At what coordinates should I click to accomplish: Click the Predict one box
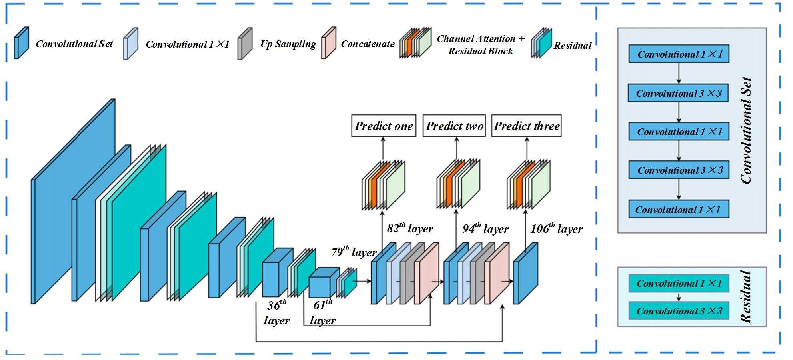[x=384, y=126]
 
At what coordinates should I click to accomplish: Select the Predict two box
[x=454, y=126]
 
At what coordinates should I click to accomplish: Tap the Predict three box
[x=526, y=126]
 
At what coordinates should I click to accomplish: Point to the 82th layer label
[x=410, y=228]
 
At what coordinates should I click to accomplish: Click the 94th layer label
[x=485, y=228]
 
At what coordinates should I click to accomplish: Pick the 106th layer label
[x=556, y=228]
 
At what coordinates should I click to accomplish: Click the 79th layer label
[x=354, y=252]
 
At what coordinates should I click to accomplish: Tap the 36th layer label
[x=277, y=312]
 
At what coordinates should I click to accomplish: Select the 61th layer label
[x=323, y=312]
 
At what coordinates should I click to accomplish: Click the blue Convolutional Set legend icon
[x=21, y=43]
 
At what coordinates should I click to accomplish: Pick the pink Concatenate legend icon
[x=328, y=43]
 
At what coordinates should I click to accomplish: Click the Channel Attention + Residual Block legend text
[x=481, y=45]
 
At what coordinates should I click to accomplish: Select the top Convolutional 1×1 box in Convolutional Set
[x=679, y=54]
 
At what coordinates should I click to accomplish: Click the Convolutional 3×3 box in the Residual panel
[x=679, y=311]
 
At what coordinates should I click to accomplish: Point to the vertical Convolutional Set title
[x=746, y=130]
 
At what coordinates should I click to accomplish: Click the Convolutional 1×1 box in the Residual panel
[x=679, y=283]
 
